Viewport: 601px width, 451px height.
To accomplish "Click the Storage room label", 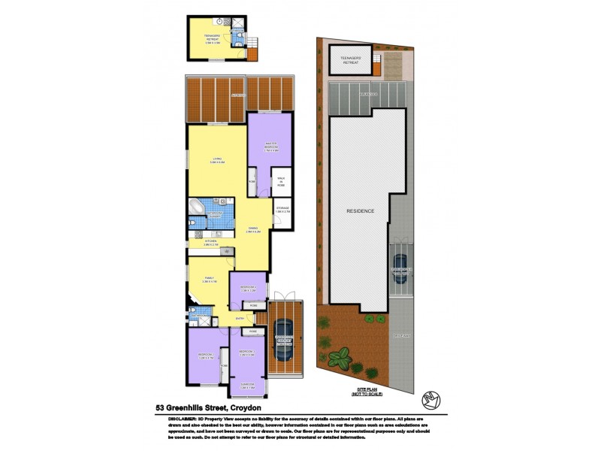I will (x=282, y=210).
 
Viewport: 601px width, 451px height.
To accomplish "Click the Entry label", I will (x=240, y=319).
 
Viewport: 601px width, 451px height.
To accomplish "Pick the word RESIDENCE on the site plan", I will (x=361, y=210).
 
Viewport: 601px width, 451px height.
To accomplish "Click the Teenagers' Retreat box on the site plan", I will (x=351, y=60).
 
